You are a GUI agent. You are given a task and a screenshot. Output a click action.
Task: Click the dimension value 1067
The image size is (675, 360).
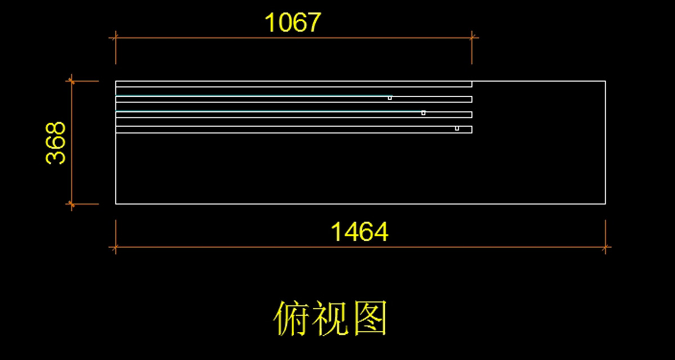pos(292,23)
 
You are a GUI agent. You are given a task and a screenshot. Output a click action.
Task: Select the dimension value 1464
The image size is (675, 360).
pos(360,232)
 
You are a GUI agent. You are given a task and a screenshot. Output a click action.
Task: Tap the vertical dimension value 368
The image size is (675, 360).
pos(56,143)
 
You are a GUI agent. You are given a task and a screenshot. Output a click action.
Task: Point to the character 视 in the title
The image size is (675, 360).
pos(330,319)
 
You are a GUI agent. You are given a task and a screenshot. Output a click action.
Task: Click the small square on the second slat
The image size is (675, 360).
pos(390,98)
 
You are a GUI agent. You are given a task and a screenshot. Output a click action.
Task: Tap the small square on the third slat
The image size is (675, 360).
pos(424,113)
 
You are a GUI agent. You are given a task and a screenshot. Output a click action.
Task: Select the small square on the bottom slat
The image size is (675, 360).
pos(457,128)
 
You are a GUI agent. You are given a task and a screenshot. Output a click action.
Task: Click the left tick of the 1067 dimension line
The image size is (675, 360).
pos(115,38)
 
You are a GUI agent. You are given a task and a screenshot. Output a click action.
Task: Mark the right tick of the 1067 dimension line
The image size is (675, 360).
pos(472,38)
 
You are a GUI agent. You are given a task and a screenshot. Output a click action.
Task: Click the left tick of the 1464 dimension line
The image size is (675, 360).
pos(115,246)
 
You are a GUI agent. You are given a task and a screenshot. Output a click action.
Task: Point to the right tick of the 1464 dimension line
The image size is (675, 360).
pos(606,246)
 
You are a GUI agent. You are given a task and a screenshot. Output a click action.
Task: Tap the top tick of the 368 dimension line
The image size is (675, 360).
pos(71,81)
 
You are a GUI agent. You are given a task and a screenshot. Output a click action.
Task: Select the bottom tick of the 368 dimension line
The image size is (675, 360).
pos(71,204)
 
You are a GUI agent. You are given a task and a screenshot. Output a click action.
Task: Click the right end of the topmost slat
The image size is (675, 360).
pos(471,84)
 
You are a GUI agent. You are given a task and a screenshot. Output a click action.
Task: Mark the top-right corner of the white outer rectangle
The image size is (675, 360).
pos(605,81)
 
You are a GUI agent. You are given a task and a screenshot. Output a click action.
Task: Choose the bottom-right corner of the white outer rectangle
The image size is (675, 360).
pos(605,204)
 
